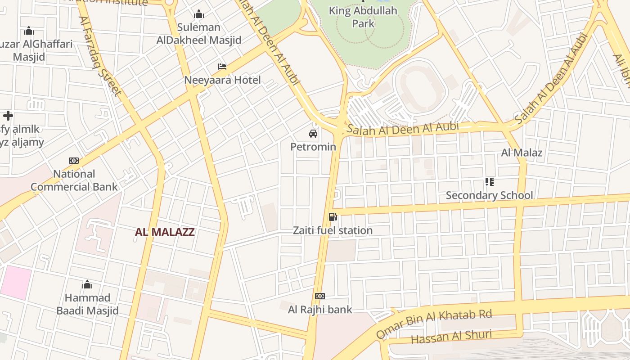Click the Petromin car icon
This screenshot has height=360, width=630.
coord(313,134)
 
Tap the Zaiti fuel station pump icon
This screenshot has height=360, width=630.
coord(333,217)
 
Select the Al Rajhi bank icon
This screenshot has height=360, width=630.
coord(320,296)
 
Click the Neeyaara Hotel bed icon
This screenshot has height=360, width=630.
coord(222,67)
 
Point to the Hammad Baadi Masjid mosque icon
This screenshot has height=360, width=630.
coord(87,284)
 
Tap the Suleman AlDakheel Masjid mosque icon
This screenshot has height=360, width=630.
coord(198,14)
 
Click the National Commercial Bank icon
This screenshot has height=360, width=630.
coord(74,161)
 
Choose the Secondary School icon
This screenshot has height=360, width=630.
coord(489,182)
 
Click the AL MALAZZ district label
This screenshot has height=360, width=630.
coord(165,232)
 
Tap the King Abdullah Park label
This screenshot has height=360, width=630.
coord(363,17)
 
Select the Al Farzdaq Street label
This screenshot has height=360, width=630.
coord(100,56)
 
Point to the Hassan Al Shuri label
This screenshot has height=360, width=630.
coord(451,336)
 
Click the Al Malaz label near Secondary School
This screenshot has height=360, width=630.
coord(522,153)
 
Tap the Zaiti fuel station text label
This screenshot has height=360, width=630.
coord(333,230)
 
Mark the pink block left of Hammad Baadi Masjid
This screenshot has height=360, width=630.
coord(16,282)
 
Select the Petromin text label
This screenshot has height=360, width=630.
coord(313,147)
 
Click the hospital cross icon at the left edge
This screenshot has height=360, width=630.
coord(8,116)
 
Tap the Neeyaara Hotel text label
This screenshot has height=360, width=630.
coord(222,80)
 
